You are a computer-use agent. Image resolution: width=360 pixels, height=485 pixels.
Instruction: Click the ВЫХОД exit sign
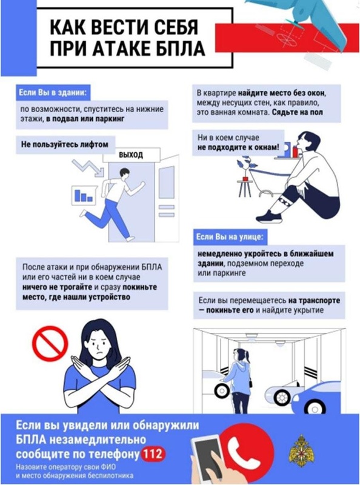pyautogui.click(x=131, y=155)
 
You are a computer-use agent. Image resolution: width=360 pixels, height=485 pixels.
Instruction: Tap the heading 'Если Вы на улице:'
pyautogui.click(x=230, y=237)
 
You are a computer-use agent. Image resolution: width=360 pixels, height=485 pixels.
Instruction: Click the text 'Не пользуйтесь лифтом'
pyautogui.click(x=65, y=144)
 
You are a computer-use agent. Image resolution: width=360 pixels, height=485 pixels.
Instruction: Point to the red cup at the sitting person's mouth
pyautogui.click(x=295, y=152)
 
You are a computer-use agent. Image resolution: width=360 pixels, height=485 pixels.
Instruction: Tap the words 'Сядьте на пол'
pyautogui.click(x=297, y=112)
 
